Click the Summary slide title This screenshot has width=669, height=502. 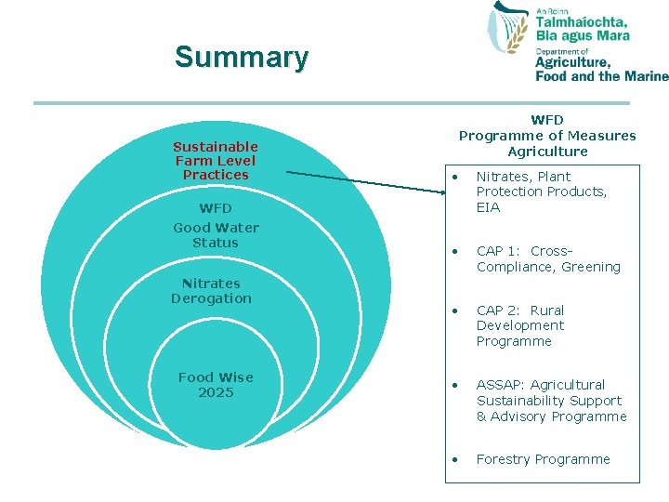click(x=241, y=58)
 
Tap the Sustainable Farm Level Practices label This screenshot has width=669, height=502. click(x=216, y=161)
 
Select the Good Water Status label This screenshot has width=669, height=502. click(x=216, y=235)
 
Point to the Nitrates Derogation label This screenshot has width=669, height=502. click(x=211, y=291)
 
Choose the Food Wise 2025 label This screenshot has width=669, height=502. click(x=216, y=385)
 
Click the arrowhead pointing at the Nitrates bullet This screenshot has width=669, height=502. click(x=444, y=191)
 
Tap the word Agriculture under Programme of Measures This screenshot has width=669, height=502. click(x=547, y=152)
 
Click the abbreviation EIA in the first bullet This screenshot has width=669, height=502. click(x=488, y=207)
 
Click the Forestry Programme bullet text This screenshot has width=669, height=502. click(x=544, y=459)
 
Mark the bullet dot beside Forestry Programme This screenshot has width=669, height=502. click(x=454, y=459)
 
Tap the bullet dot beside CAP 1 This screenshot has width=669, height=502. click(x=454, y=251)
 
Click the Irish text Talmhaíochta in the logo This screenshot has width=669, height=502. click(x=582, y=22)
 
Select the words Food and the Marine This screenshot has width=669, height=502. click(x=601, y=76)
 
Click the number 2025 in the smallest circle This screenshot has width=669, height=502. click(x=216, y=392)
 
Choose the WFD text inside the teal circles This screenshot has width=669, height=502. click(x=216, y=208)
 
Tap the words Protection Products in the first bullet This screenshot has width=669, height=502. click(x=542, y=192)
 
